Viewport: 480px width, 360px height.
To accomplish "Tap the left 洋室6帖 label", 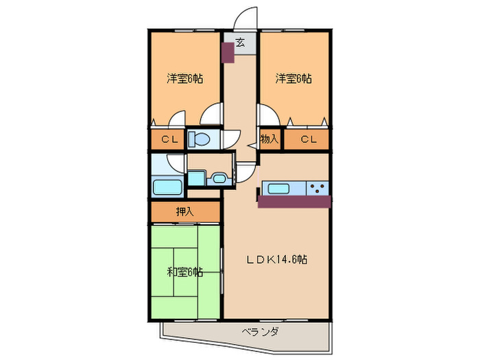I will point(185,78).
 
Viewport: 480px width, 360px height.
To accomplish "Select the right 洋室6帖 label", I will point(294,78).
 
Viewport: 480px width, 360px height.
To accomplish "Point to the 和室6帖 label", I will point(185,272).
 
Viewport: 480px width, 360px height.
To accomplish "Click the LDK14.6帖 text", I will point(277,260).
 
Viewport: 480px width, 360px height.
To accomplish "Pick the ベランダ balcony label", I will point(260,333).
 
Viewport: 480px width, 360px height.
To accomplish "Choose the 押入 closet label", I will point(185,211).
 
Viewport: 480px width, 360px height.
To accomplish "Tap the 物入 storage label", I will point(269,139).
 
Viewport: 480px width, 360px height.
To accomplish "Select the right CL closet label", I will point(308,140).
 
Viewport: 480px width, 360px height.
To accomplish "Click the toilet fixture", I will point(200,139).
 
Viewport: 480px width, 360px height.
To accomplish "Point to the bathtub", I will point(168,188).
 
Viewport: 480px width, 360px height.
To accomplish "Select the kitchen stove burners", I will point(317,189).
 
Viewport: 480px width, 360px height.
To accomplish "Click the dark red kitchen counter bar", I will point(294,201).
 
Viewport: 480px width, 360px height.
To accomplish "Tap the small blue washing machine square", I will point(195,178).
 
